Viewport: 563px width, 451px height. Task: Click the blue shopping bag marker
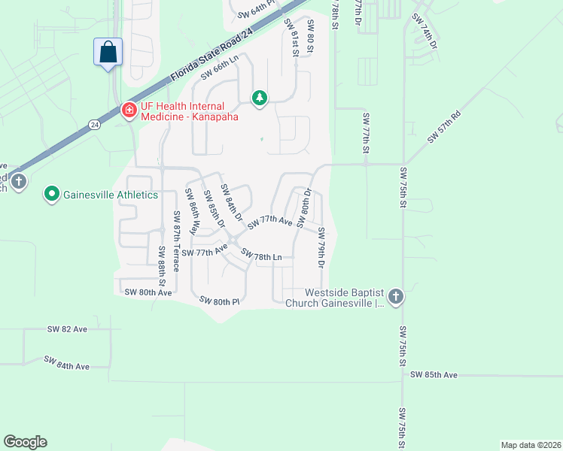click(x=108, y=52)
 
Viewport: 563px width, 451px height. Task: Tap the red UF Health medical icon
click(x=129, y=110)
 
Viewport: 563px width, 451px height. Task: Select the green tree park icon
click(x=260, y=98)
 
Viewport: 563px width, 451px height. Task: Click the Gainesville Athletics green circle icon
click(x=52, y=195)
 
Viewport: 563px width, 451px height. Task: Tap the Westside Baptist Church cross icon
click(x=396, y=297)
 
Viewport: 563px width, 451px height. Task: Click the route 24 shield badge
click(x=94, y=124)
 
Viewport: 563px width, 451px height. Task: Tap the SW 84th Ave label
click(x=66, y=364)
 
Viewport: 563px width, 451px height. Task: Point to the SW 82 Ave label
click(x=67, y=329)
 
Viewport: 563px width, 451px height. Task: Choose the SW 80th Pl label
click(x=219, y=301)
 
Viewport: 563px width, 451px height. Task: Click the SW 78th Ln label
click(x=261, y=257)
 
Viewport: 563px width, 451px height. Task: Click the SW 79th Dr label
click(x=321, y=248)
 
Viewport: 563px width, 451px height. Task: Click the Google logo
click(x=25, y=442)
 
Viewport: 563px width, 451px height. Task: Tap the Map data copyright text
click(x=530, y=445)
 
